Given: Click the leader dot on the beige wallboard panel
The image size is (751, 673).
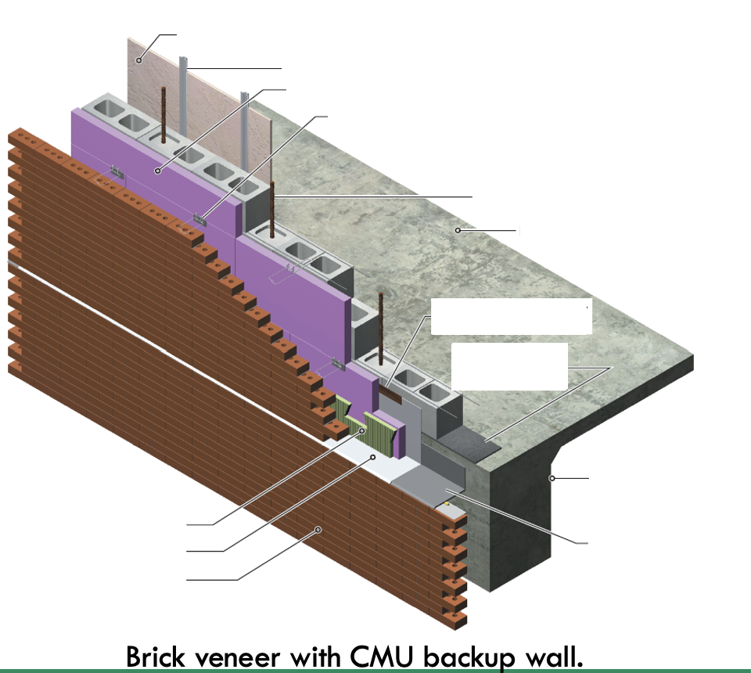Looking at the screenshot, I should click(x=139, y=59).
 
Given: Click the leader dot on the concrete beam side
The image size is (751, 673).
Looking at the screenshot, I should click(x=552, y=477).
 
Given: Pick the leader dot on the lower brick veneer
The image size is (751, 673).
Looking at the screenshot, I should click(x=318, y=530).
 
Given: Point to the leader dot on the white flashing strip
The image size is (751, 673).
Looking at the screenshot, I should click(x=374, y=456).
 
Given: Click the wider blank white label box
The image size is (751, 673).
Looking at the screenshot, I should click(x=510, y=316).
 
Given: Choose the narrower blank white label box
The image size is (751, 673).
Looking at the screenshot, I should click(x=509, y=365).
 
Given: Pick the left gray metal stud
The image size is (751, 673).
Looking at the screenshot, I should click(x=183, y=98).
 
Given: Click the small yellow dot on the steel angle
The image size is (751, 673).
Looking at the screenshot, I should click(x=447, y=505).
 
